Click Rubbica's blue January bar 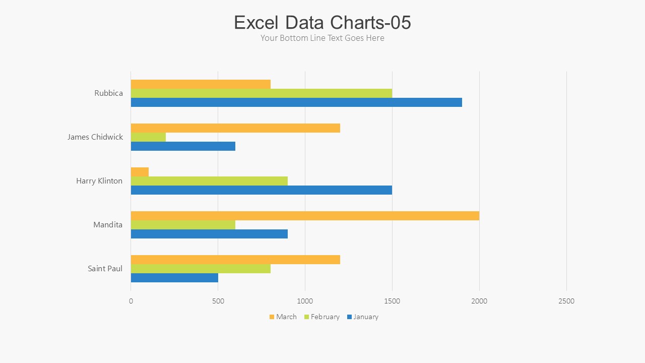(296, 102)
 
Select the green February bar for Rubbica (262, 93)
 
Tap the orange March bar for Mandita (305, 216)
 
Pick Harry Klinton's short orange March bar (140, 172)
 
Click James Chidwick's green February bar (148, 137)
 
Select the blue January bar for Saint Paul (174, 278)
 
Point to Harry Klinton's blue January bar (262, 190)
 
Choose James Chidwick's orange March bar (235, 128)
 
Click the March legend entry (283, 317)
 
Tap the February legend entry (321, 317)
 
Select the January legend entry (362, 317)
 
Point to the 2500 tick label (566, 301)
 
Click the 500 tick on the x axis (218, 301)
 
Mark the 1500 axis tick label (392, 301)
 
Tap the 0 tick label (131, 301)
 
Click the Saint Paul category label (105, 268)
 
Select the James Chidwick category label (95, 137)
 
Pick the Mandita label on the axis (108, 224)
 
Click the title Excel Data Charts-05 (322, 23)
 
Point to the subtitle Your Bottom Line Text (322, 38)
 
